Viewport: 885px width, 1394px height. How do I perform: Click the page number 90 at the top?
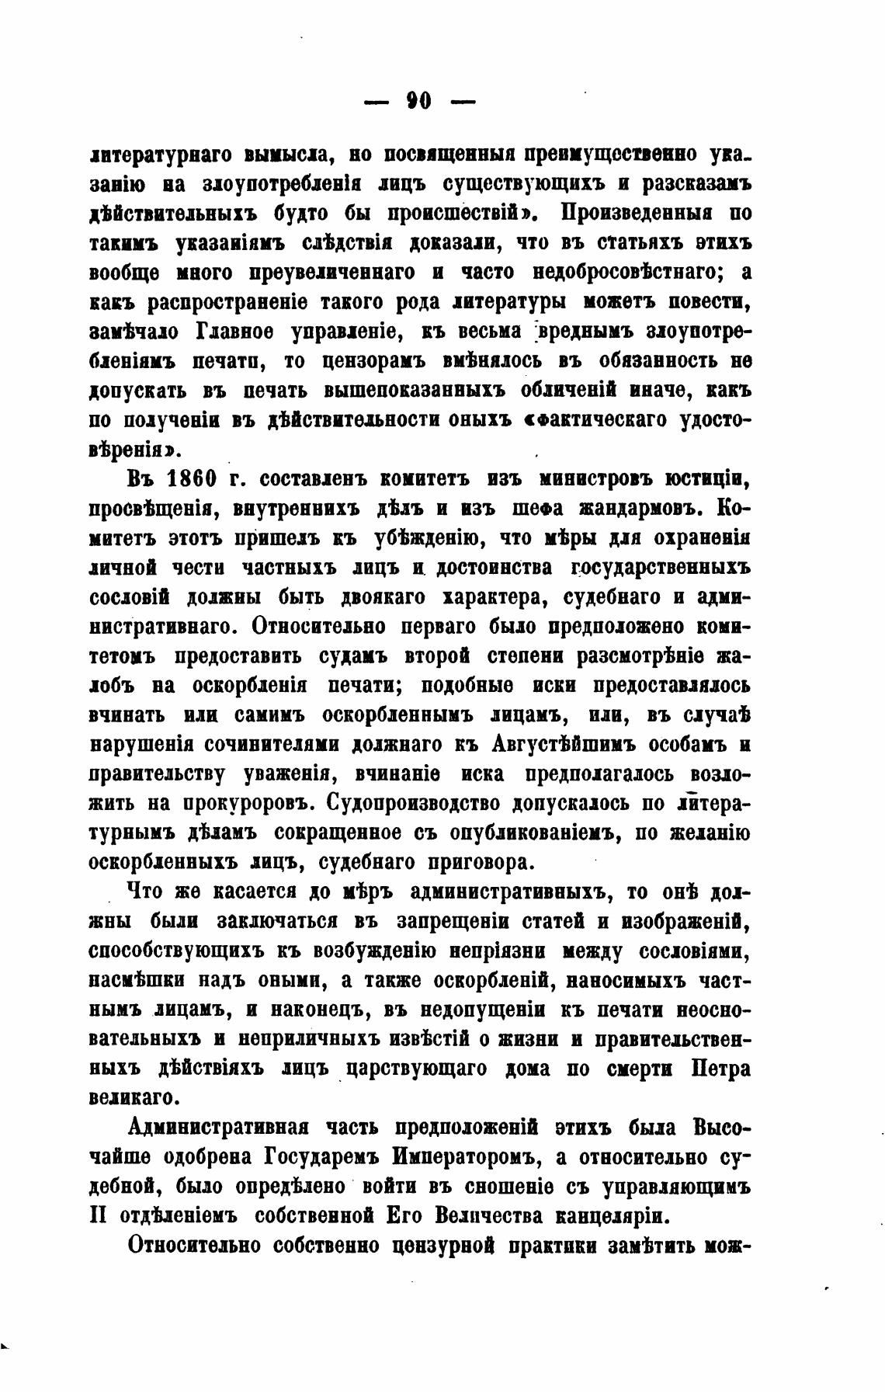click(x=418, y=101)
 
